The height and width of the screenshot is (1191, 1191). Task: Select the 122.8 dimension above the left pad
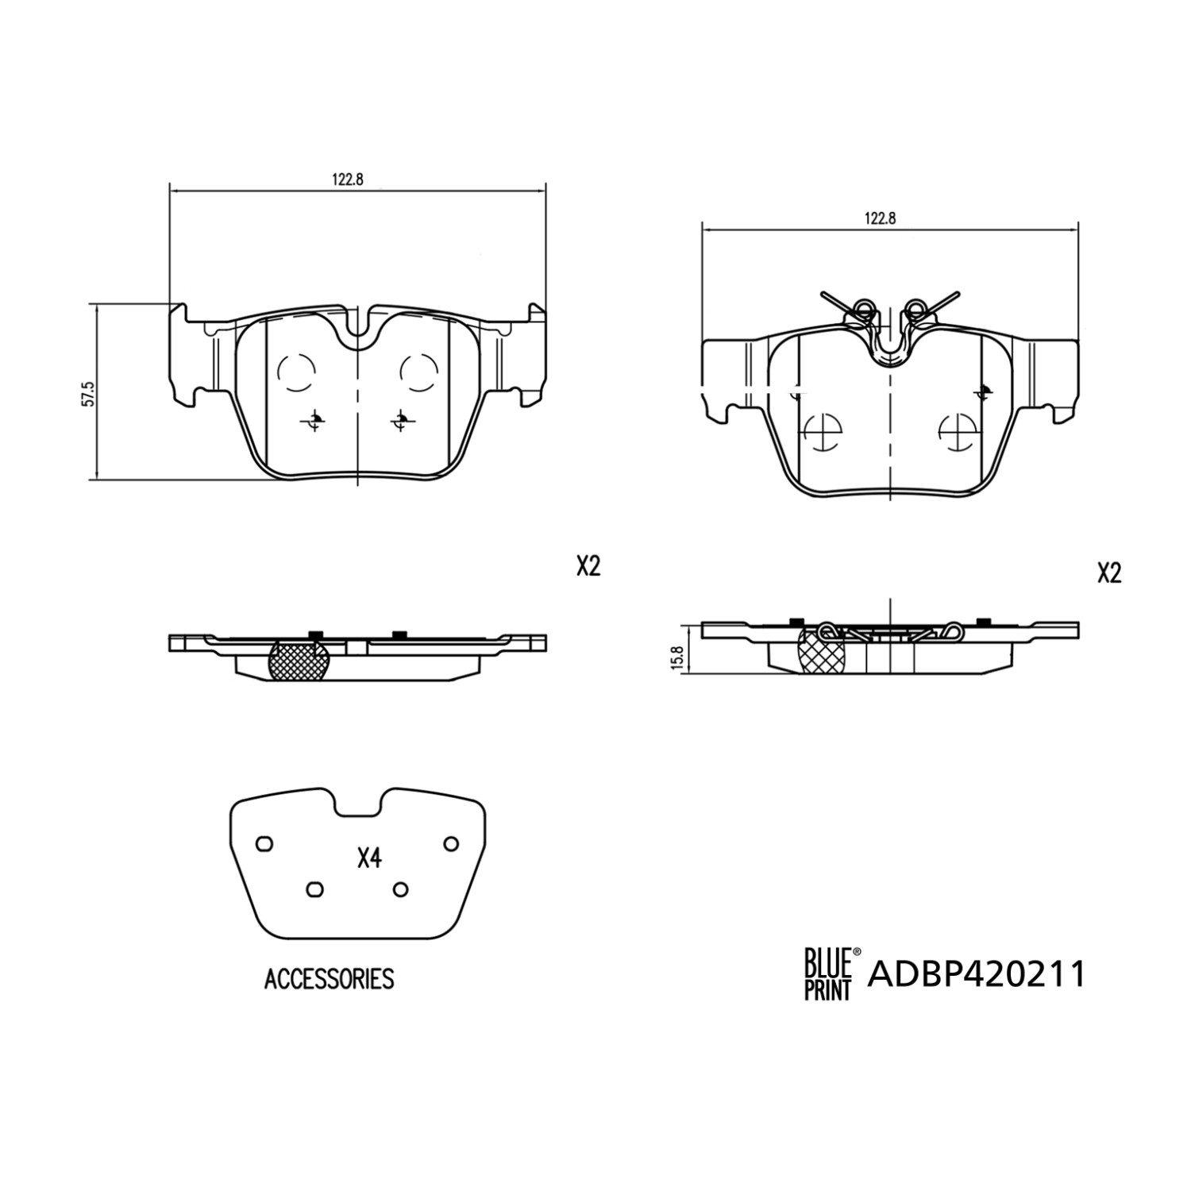[347, 179]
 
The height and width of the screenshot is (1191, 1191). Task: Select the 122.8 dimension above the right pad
[880, 219]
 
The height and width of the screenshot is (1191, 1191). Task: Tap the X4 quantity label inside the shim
[370, 858]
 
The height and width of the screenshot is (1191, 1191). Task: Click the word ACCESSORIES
[329, 979]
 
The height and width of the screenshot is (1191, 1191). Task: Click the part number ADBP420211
[977, 973]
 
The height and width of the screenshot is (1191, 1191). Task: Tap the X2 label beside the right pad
[1108, 573]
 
